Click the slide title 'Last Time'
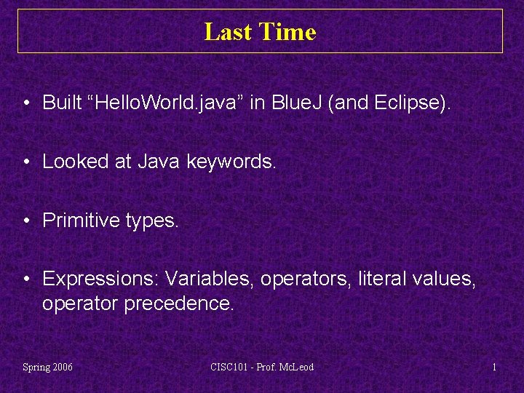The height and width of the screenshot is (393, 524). [260, 32]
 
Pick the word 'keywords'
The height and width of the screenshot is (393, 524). [231, 162]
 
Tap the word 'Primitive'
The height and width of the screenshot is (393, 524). [78, 221]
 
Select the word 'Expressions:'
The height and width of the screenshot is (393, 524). [100, 279]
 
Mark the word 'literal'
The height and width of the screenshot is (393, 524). [382, 279]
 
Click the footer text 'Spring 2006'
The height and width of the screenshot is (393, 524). [48, 367]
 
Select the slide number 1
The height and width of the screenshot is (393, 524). [494, 367]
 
